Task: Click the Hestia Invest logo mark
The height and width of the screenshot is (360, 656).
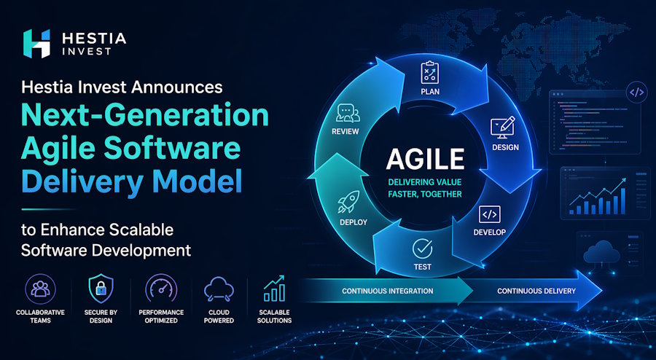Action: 37,44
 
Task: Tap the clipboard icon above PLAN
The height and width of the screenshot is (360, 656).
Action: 429,72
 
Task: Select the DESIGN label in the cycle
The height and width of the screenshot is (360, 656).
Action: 505,147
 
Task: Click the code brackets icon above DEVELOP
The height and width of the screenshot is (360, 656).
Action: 489,214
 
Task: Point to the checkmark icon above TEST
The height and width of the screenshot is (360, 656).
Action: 423,248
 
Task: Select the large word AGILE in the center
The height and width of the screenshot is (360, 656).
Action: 425,158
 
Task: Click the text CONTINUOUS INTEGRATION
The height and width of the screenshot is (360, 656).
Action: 388,291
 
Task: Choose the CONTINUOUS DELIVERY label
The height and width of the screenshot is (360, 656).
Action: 536,291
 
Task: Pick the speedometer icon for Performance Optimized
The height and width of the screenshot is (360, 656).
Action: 161,289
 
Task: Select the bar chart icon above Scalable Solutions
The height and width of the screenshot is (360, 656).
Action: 275,289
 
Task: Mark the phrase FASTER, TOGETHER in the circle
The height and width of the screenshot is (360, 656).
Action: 425,193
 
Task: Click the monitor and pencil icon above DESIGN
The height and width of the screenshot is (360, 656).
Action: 504,125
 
